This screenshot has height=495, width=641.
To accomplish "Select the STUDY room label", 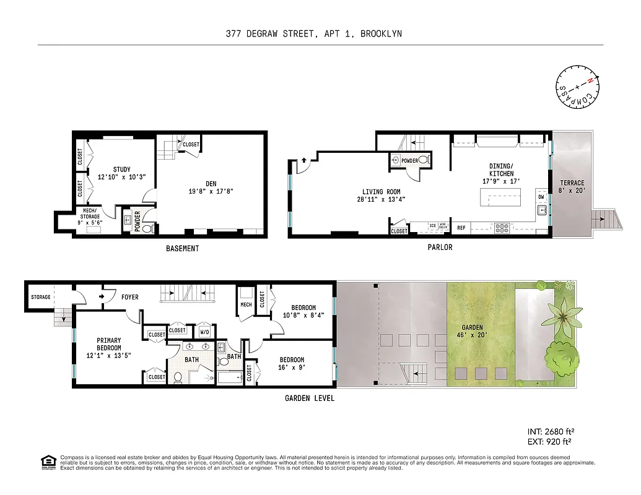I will [x=121, y=170].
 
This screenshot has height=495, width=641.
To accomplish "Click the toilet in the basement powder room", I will [x=147, y=228].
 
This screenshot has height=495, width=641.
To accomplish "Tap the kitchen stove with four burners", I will [x=500, y=227].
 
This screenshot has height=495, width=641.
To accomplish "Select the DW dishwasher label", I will [x=541, y=197].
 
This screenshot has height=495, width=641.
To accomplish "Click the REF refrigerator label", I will [x=461, y=228].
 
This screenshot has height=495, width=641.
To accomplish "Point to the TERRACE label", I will [x=572, y=183].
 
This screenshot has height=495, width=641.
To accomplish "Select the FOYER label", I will [x=129, y=297].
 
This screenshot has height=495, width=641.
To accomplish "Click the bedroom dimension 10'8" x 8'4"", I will [x=303, y=315].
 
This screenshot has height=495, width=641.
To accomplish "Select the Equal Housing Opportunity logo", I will [x=48, y=463].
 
